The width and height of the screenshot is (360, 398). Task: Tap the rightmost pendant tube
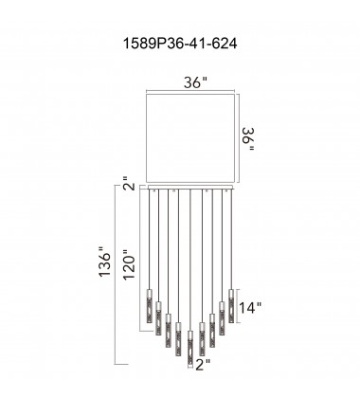(x=231, y=301)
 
